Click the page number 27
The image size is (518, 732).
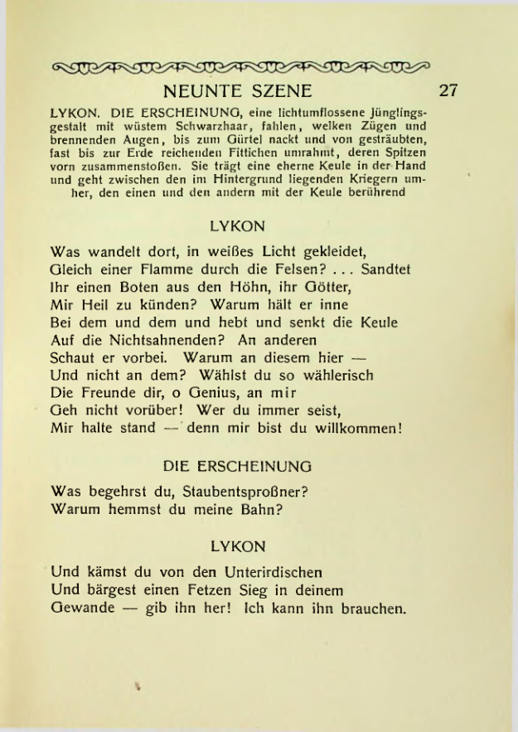[448, 90]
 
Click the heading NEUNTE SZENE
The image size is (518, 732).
[238, 90]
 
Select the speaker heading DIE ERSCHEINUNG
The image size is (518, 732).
[238, 466]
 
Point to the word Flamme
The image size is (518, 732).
[164, 269]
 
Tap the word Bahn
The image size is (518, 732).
[260, 509]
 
